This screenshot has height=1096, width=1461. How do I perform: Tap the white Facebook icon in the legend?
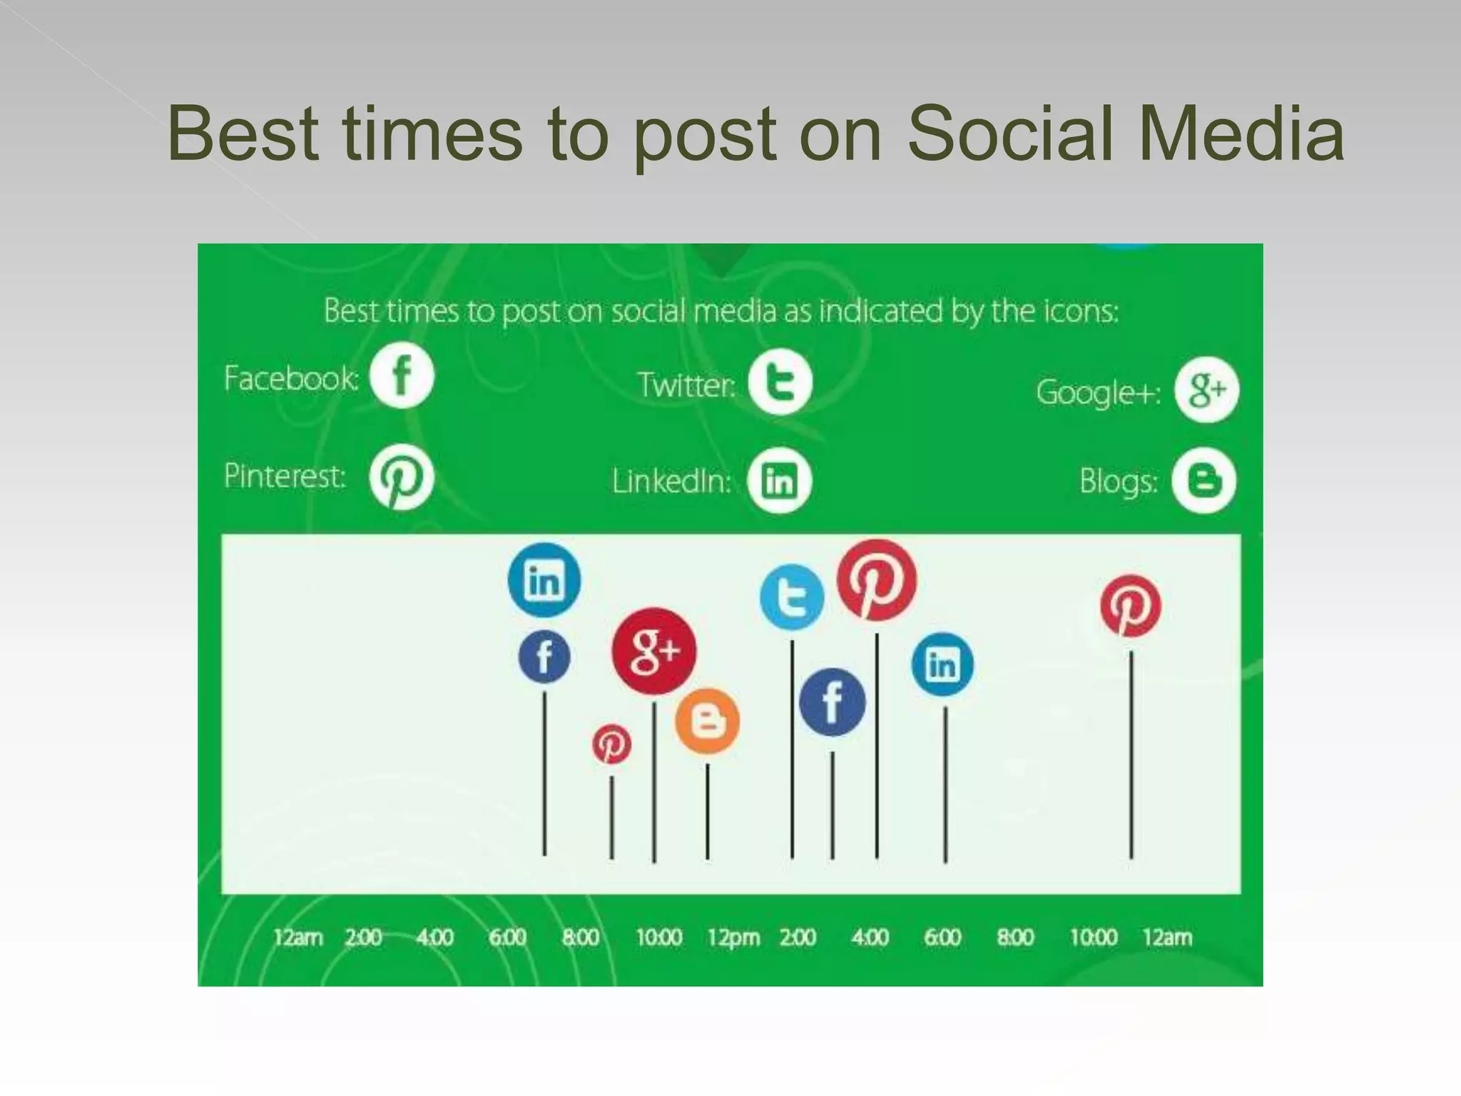point(402,375)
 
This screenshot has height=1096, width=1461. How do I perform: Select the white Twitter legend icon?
point(780,382)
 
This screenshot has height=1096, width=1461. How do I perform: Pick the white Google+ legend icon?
point(1206,390)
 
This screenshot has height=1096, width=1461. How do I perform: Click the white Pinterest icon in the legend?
point(401,477)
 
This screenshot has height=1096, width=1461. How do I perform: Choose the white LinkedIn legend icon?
point(779,480)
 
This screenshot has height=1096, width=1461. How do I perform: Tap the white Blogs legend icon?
point(1204,480)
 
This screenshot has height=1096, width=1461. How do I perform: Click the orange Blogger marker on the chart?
point(707,722)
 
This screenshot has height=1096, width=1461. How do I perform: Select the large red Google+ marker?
point(653,651)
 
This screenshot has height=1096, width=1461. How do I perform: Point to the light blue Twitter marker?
point(792,597)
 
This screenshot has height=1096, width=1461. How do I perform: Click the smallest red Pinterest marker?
point(611,744)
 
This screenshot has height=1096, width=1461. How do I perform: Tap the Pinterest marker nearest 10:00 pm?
point(1131,606)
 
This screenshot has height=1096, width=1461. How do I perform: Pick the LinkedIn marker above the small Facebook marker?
point(544,579)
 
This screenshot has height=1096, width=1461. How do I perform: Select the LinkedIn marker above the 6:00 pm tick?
point(942,665)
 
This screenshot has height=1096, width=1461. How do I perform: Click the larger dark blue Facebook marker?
point(832,702)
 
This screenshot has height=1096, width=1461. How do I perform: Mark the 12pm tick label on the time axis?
point(733,938)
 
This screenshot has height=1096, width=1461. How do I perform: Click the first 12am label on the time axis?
point(298,937)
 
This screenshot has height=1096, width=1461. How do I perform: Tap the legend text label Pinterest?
point(285,476)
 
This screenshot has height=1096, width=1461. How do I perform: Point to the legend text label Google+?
point(1098,392)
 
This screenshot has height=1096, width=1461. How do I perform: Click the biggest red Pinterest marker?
point(877,580)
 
